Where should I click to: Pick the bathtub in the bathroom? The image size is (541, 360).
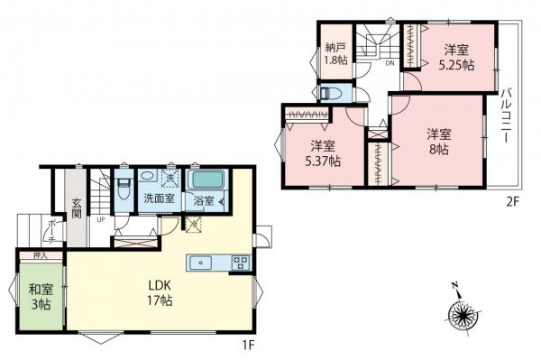[206, 179]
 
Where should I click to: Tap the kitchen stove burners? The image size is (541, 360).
[241, 263]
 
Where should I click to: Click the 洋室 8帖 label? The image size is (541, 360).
[439, 140]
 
